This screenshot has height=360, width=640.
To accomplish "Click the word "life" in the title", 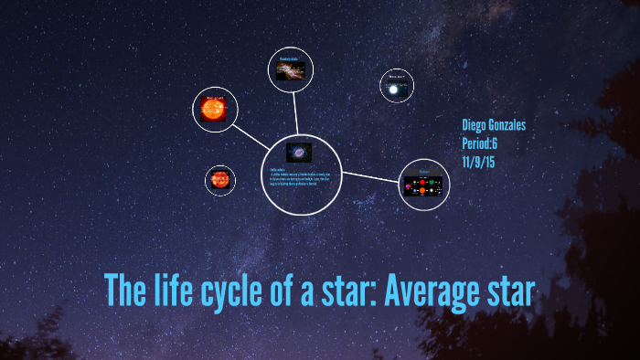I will pos(174,290).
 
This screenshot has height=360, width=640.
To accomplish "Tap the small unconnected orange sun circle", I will pos(219,180).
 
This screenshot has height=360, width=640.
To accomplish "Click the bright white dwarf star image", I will pos(395,89).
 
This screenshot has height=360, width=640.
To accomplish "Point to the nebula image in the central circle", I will pos(297,152).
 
